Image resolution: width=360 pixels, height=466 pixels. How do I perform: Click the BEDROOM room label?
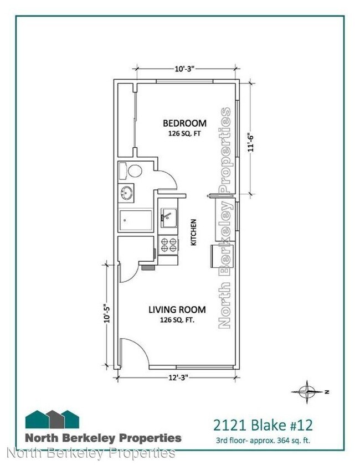point(184,123)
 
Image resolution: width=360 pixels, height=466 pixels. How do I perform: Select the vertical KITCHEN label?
point(194,232)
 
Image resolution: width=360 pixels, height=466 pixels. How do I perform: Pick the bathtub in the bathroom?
point(136,222)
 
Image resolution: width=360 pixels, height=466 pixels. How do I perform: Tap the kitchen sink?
point(168,217)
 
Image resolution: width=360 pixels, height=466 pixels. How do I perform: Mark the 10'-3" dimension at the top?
point(183,69)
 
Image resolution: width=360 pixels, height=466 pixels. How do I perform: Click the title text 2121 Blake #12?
point(263,425)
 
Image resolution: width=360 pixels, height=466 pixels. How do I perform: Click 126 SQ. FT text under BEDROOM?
point(184,134)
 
